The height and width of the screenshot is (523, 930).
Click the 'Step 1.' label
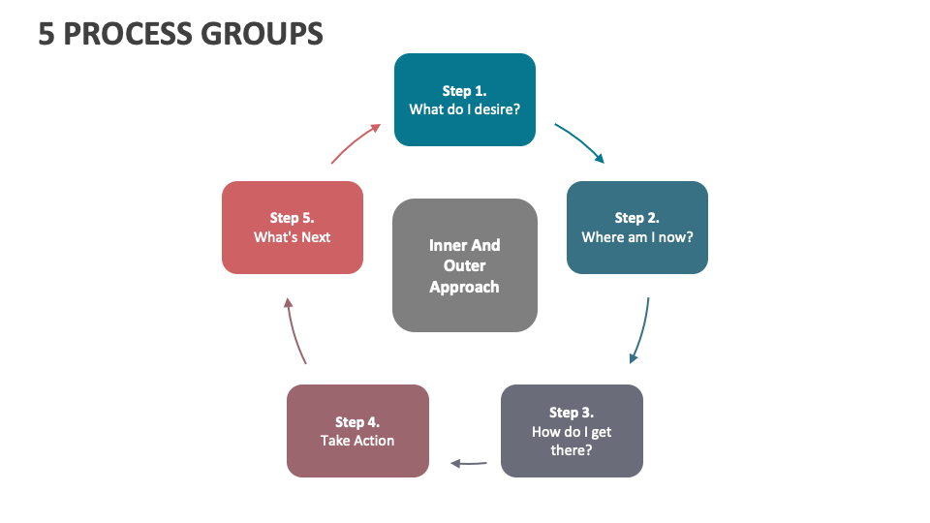[x=464, y=91]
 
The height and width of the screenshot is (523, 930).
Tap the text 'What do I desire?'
[x=464, y=109]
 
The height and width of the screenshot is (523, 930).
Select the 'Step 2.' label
[x=636, y=218]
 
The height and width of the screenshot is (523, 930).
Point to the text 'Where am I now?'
[x=636, y=237]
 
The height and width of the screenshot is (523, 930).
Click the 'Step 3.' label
[x=571, y=413]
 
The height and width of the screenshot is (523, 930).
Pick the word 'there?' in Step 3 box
[x=571, y=450]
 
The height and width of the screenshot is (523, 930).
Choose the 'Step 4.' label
[x=357, y=422]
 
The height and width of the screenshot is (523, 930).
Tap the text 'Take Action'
[x=357, y=441]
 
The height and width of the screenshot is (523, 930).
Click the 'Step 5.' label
[x=292, y=218]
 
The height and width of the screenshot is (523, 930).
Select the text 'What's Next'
[x=292, y=237]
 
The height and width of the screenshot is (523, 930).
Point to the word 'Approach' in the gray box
[x=464, y=287]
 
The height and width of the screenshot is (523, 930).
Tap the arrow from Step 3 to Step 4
[x=469, y=464]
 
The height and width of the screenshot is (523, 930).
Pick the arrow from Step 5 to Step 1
[x=354, y=142]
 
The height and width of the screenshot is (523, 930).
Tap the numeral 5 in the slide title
[x=46, y=34]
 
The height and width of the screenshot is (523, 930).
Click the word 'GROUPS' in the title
[x=262, y=34]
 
